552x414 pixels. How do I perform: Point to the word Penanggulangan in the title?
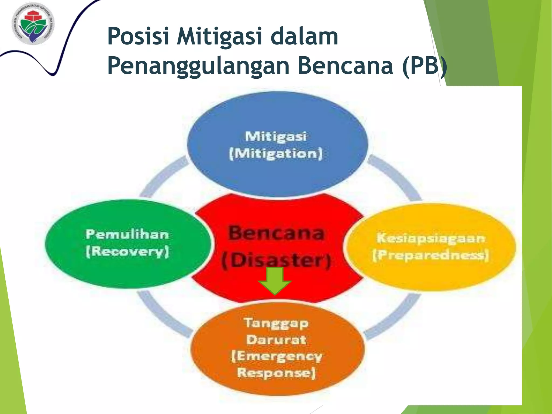pos(198,66)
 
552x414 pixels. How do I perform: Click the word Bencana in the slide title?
pos(345,66)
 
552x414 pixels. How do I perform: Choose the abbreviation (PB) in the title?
pos(425,66)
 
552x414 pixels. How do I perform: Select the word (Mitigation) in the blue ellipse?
pos(276,154)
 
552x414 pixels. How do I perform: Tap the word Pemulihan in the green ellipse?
pos(127,234)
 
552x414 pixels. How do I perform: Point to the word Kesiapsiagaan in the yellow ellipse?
pos(430,238)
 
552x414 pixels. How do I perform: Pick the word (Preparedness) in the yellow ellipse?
pos(430,255)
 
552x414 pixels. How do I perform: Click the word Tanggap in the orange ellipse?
pos(276,323)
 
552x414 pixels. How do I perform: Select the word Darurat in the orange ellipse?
pos(276,340)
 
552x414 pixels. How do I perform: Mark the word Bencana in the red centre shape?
pos(276,233)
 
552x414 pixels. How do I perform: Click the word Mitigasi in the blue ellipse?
pos(276,136)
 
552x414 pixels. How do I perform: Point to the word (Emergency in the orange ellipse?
pos(277,356)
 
